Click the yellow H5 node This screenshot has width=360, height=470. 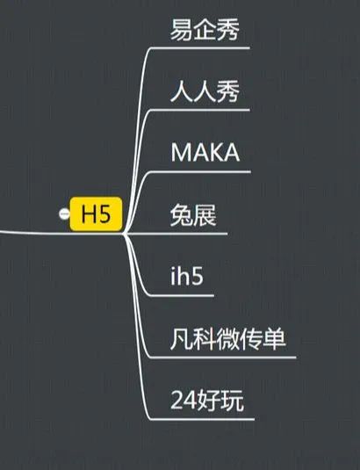96,214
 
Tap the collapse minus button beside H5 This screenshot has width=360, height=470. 64,214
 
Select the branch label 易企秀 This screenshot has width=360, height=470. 205,29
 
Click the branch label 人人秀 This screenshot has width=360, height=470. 205,91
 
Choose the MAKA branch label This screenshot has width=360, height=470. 205,152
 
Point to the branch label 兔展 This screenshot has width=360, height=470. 193,215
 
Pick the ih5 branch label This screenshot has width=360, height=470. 187,276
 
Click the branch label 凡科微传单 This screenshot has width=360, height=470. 228,339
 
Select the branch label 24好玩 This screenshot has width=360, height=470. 207,401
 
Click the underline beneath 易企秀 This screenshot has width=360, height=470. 200,47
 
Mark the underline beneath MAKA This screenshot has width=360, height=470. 200,172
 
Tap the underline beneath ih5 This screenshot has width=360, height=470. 182,295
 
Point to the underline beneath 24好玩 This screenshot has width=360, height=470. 202,419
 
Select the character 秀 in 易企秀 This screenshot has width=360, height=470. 228,29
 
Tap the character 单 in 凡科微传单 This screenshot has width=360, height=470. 275,339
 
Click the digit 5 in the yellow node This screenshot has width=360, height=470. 104,214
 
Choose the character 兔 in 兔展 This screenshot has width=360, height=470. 182,215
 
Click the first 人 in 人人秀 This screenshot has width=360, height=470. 182,91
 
